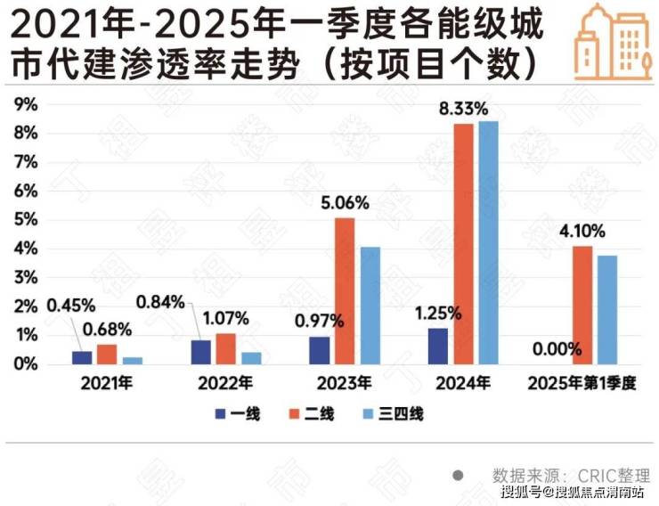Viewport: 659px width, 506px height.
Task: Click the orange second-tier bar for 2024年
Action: coord(463,243)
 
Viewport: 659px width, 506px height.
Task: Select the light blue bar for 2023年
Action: coord(370,305)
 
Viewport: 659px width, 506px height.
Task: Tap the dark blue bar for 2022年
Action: coord(201,352)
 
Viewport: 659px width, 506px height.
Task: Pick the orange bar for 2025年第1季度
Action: coord(582,305)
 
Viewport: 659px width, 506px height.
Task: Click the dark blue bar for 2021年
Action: coord(82,357)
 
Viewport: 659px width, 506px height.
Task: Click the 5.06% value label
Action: coord(345,202)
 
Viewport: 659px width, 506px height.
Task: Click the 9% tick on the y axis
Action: coord(27,104)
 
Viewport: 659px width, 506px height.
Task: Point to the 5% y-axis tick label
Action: coord(27,220)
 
